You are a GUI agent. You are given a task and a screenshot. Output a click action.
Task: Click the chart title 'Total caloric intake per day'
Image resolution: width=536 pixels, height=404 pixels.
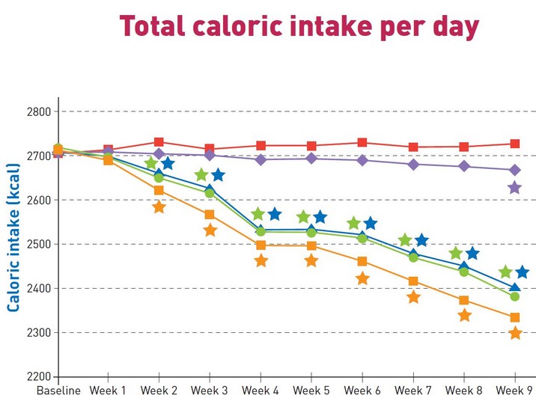(299, 26)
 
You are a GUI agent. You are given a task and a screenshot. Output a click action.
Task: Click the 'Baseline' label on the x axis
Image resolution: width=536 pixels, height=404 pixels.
(58, 391)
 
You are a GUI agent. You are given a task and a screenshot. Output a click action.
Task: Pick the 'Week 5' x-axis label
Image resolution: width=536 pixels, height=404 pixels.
(311, 391)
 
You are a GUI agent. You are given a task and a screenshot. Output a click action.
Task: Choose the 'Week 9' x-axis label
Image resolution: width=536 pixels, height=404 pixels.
(514, 391)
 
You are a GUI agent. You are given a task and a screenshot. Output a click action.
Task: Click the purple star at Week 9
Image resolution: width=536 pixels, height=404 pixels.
(514, 188)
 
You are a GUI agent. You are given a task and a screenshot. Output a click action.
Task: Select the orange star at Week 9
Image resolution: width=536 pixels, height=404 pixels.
(515, 333)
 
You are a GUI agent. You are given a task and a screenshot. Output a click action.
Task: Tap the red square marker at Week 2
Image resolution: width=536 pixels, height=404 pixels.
(159, 142)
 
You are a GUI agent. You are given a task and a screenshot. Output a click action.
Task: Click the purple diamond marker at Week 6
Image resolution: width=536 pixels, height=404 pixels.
(362, 160)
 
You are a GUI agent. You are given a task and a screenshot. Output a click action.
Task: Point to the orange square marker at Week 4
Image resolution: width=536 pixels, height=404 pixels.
(261, 245)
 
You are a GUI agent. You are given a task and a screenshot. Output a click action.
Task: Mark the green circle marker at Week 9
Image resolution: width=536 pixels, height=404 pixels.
(514, 296)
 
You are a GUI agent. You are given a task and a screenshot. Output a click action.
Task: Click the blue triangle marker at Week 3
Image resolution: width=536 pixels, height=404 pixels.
(210, 190)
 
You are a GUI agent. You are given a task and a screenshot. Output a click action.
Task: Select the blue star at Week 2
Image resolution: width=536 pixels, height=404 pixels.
(168, 163)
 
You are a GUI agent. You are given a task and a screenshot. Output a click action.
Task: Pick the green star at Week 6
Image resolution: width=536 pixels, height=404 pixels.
(354, 224)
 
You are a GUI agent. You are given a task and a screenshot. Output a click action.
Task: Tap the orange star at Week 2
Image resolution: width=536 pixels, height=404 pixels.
(159, 207)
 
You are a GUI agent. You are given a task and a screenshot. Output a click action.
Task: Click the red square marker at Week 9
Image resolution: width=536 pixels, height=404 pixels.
(515, 144)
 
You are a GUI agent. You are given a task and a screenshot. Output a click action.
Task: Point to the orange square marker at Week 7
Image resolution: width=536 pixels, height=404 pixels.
(413, 281)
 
